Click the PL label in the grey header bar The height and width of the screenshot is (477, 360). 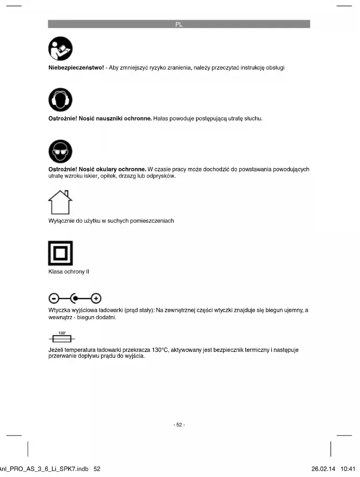tap(179, 24)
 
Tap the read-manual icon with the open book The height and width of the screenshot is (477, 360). tap(60, 50)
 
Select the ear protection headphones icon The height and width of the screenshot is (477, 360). tap(60, 101)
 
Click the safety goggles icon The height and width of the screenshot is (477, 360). tap(60, 151)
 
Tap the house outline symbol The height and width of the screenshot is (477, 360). tap(60, 201)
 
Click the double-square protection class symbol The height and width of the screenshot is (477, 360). tap(60, 253)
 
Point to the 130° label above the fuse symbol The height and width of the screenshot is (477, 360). tap(62, 333)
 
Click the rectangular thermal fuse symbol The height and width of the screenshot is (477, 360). tap(62, 339)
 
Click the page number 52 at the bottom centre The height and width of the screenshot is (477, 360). tap(179, 425)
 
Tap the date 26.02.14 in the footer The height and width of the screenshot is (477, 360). tap(323, 469)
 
